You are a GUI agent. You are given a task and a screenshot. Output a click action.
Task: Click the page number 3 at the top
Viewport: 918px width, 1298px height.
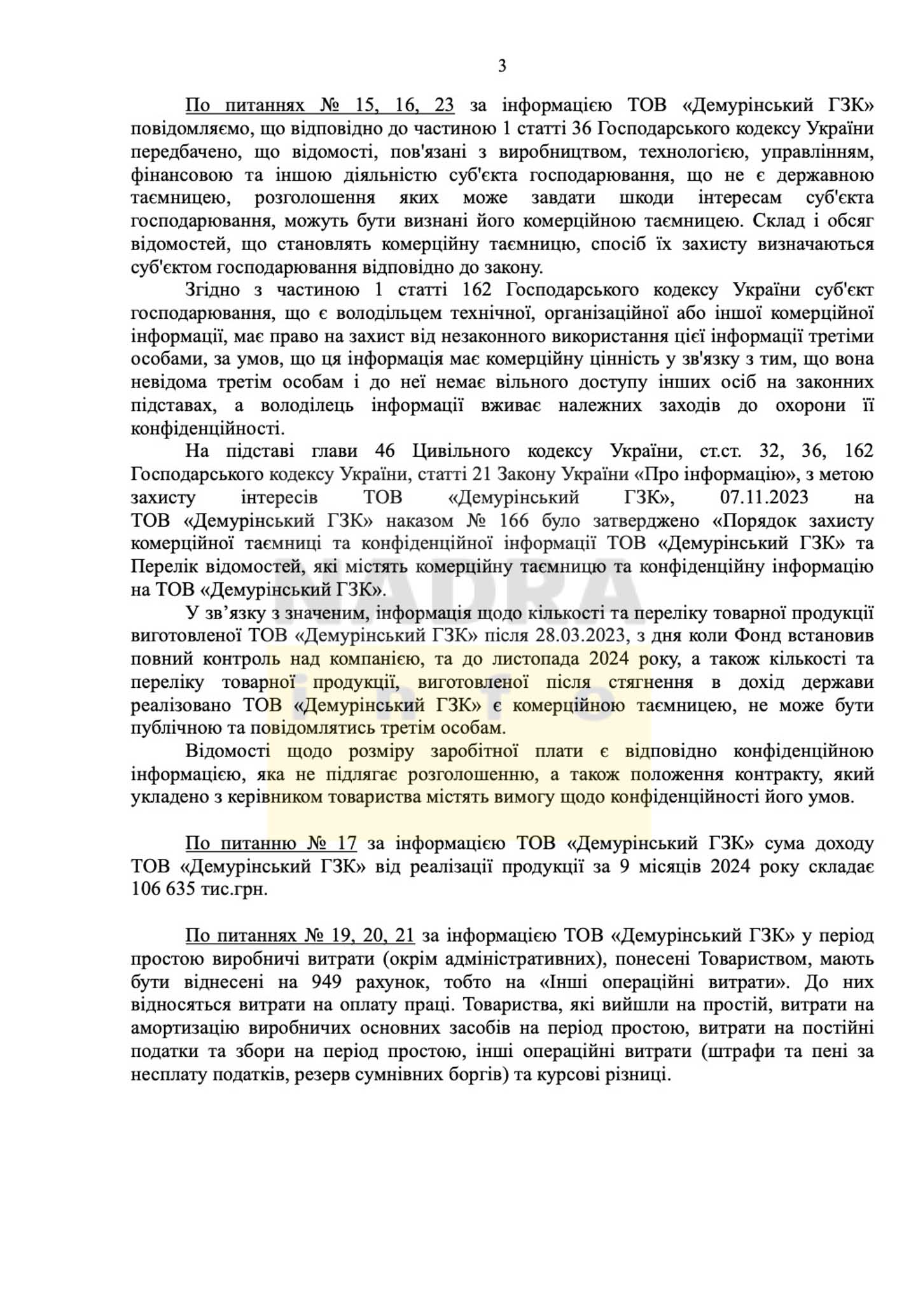click(x=502, y=66)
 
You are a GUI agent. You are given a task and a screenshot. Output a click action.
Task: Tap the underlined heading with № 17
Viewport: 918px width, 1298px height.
click(x=270, y=844)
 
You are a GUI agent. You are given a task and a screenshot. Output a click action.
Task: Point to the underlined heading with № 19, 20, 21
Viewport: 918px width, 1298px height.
click(x=300, y=936)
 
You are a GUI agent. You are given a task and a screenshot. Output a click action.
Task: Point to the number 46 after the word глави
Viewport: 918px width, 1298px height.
click(x=385, y=451)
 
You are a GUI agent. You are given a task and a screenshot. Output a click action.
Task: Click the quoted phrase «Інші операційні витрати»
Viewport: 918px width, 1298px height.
click(x=664, y=982)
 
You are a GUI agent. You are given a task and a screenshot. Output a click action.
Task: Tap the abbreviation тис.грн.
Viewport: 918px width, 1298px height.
click(x=233, y=890)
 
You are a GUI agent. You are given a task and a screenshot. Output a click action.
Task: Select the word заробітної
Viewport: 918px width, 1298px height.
click(x=475, y=751)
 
